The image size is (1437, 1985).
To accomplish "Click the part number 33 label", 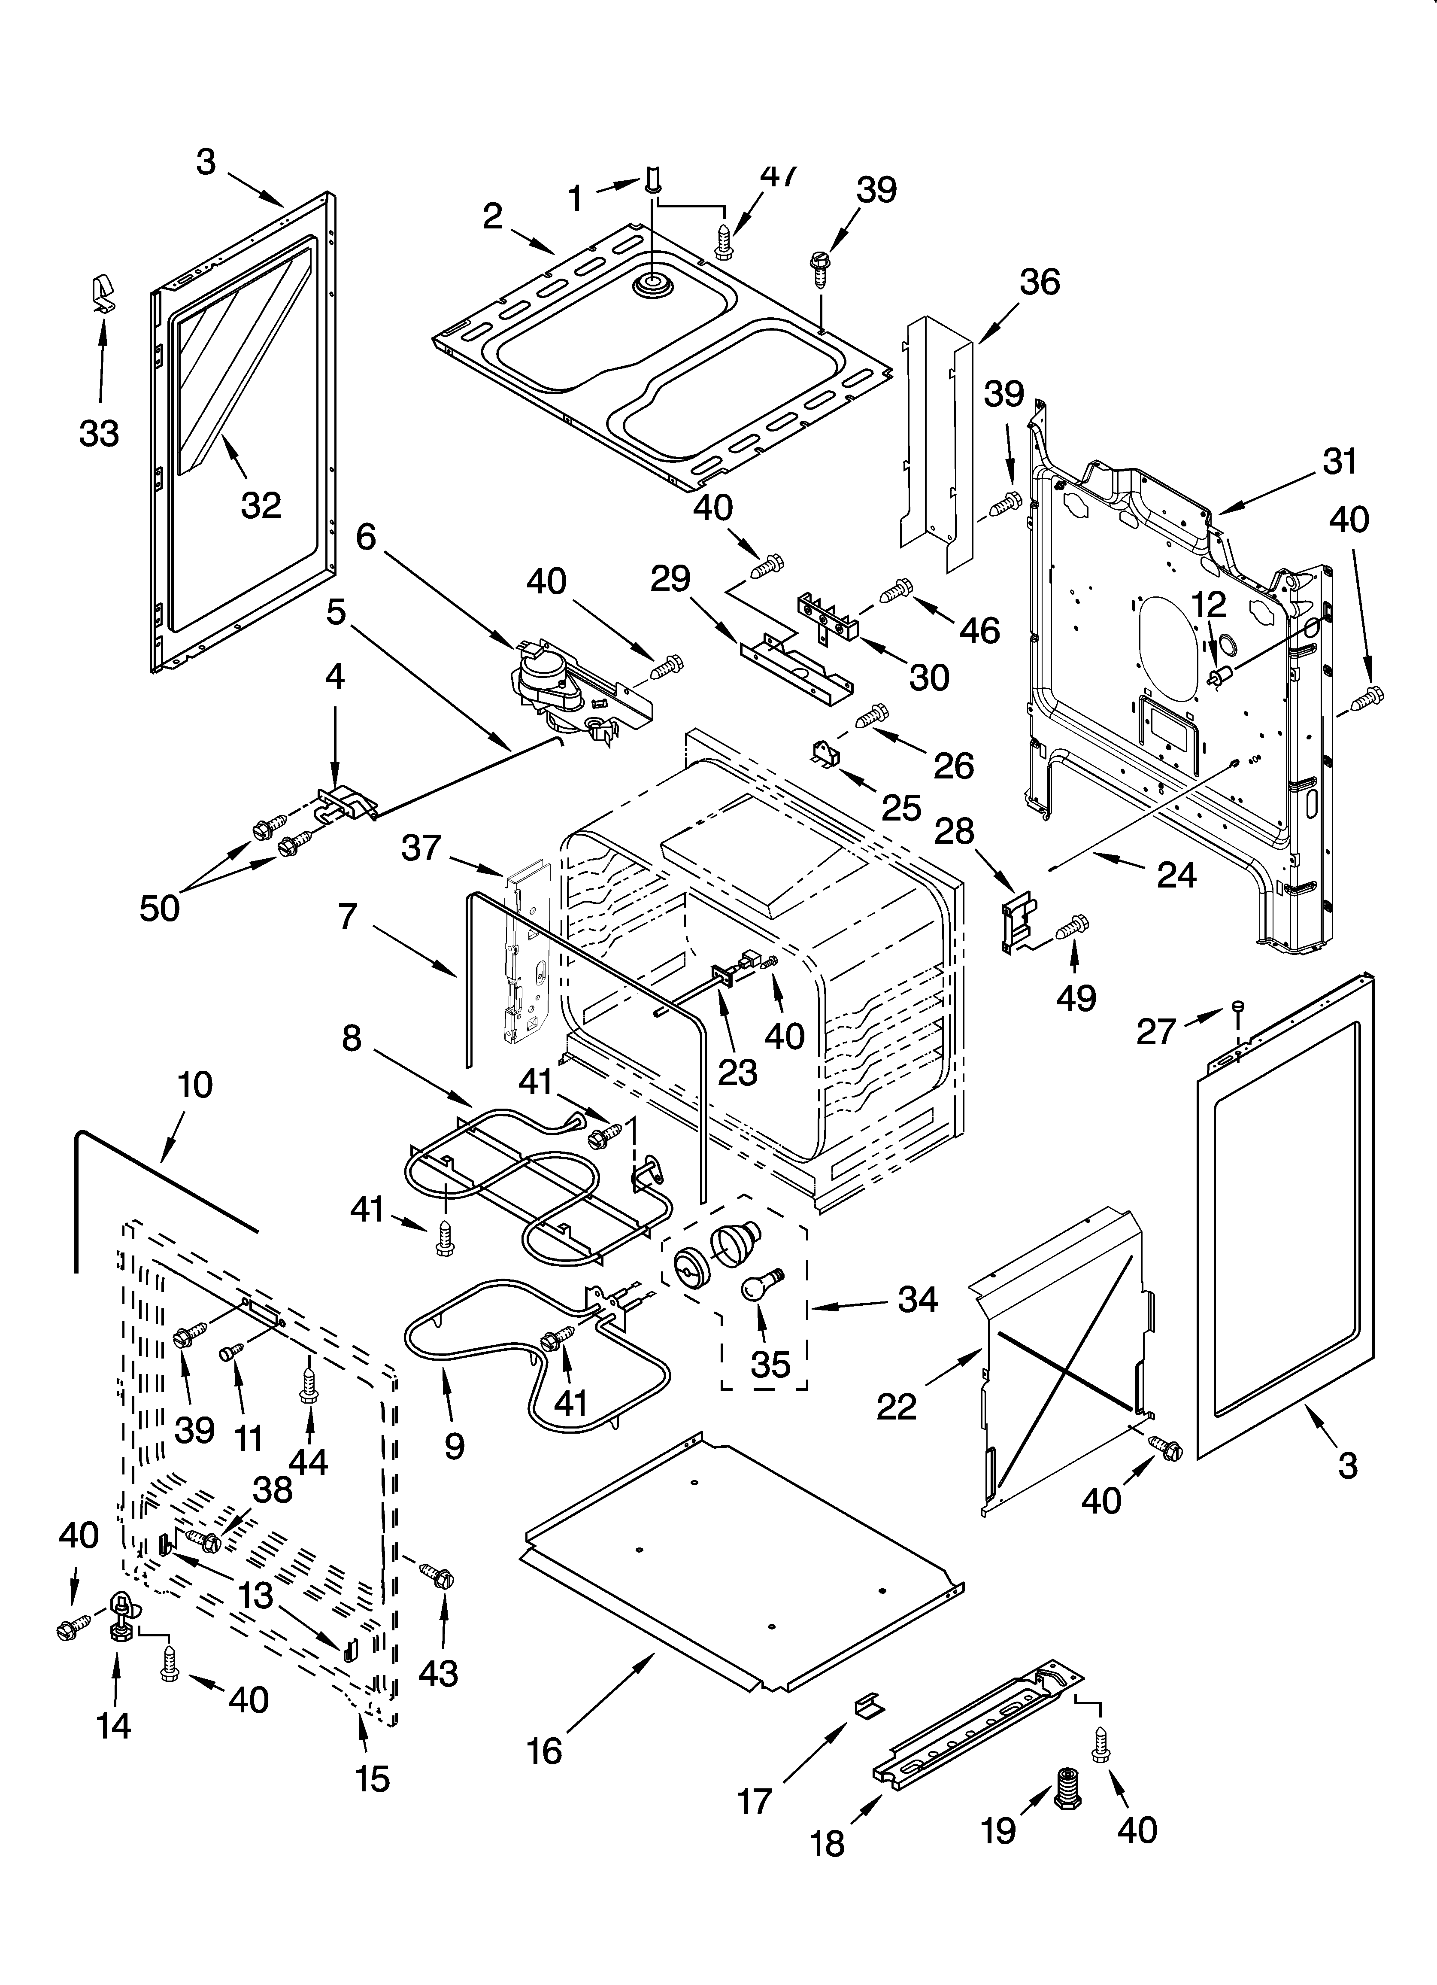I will pos(99,433).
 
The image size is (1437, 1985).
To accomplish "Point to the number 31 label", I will pos(1339,461).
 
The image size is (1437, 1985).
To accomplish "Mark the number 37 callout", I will pos(421,848).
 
